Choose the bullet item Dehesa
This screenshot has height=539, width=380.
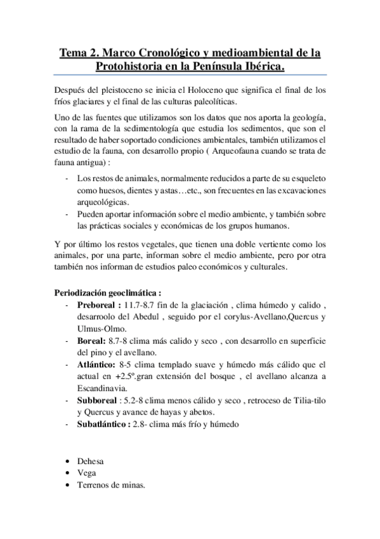(x=90, y=461)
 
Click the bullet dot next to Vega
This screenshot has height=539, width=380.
(x=68, y=474)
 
